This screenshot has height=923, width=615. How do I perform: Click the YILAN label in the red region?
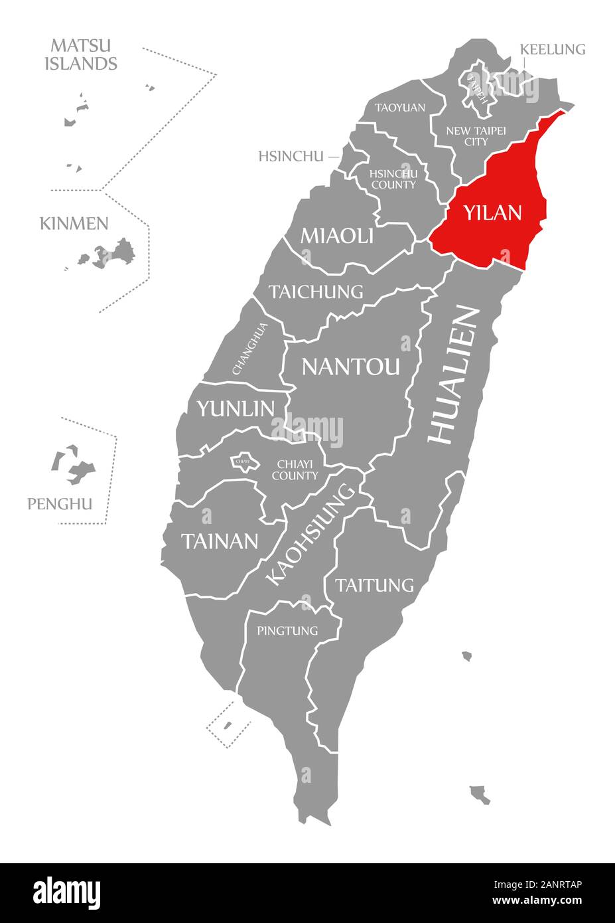(492, 213)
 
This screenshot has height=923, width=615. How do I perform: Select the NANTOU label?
(351, 366)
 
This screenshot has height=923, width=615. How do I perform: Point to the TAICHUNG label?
(316, 292)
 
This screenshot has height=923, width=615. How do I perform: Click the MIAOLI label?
(336, 235)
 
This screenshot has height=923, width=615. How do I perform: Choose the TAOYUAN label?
(400, 107)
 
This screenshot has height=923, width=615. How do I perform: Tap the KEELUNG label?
(552, 49)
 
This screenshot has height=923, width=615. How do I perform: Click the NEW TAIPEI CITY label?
(476, 136)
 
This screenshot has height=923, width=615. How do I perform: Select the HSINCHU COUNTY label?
(393, 179)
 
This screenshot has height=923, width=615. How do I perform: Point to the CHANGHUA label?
(250, 349)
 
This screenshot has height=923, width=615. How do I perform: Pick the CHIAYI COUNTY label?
(295, 469)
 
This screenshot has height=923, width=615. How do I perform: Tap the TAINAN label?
(220, 541)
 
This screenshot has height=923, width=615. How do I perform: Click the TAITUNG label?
(374, 585)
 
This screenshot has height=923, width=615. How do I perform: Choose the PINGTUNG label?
(287, 630)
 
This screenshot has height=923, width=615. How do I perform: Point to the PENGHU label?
(60, 504)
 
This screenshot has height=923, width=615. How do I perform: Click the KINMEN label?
(74, 223)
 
